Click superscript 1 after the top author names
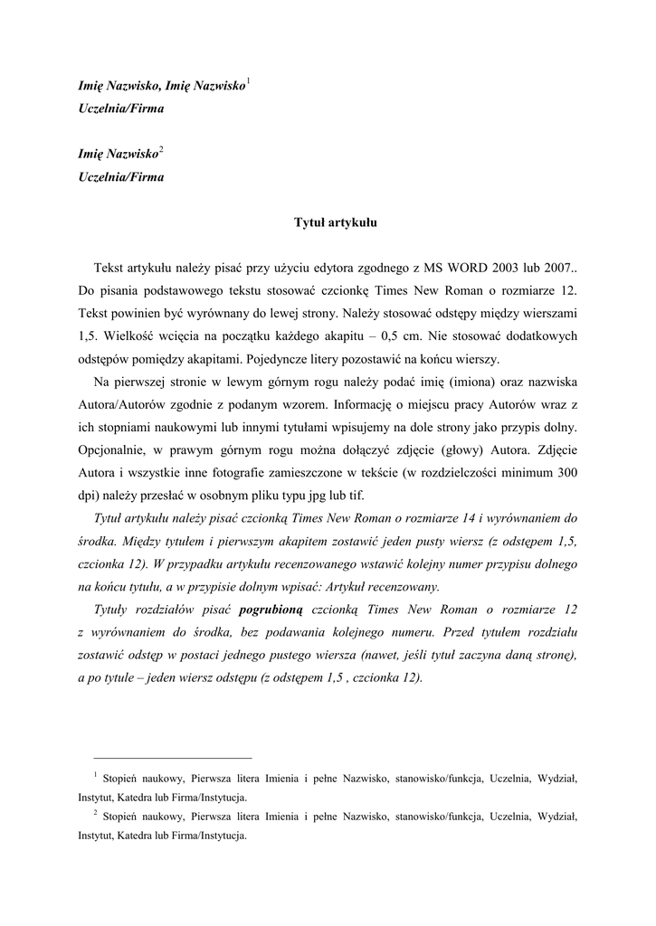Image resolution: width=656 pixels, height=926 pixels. click(248, 82)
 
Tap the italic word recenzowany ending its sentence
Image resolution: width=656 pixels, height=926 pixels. click(404, 586)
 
